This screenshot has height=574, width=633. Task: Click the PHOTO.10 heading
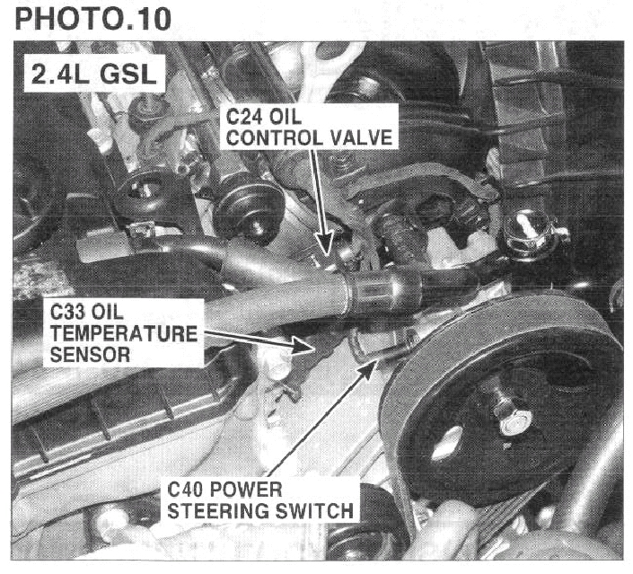pyautogui.click(x=93, y=19)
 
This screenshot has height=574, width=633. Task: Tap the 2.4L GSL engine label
pyautogui.click(x=94, y=75)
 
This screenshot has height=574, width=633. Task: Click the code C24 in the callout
pyautogui.click(x=244, y=117)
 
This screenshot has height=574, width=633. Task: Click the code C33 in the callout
pyautogui.click(x=68, y=313)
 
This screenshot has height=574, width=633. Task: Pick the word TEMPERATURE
pyautogui.click(x=124, y=333)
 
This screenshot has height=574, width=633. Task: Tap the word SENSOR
pyautogui.click(x=90, y=355)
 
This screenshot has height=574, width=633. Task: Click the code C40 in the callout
pyautogui.click(x=185, y=490)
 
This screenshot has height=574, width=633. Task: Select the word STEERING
pyautogui.click(x=218, y=511)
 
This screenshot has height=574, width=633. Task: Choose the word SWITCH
pyautogui.click(x=313, y=511)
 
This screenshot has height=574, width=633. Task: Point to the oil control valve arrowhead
pyautogui.click(x=324, y=245)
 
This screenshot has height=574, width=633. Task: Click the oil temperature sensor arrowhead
pyautogui.click(x=303, y=346)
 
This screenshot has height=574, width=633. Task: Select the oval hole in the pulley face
pyautogui.click(x=446, y=443)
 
